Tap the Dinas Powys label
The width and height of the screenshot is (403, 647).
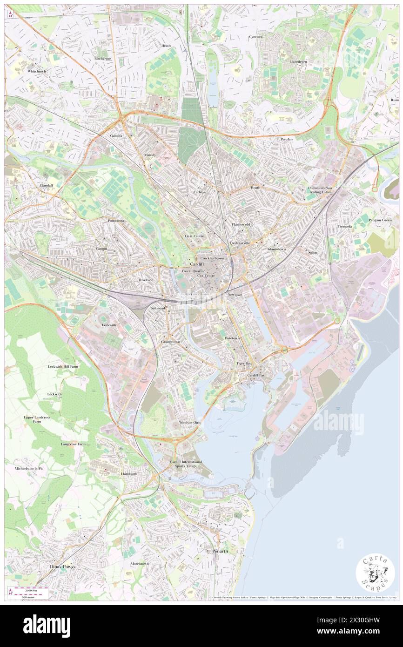click(62, 566)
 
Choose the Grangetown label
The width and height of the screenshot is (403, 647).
click(170, 342)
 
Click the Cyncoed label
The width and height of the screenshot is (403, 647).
click(255, 36)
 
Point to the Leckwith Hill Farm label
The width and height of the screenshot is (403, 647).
click(63, 367)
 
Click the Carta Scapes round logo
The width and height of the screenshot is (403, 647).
click(375, 573)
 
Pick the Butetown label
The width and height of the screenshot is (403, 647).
click(232, 338)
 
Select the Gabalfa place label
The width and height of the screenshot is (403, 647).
click(116, 135)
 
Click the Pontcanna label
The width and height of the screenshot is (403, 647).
click(116, 220)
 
